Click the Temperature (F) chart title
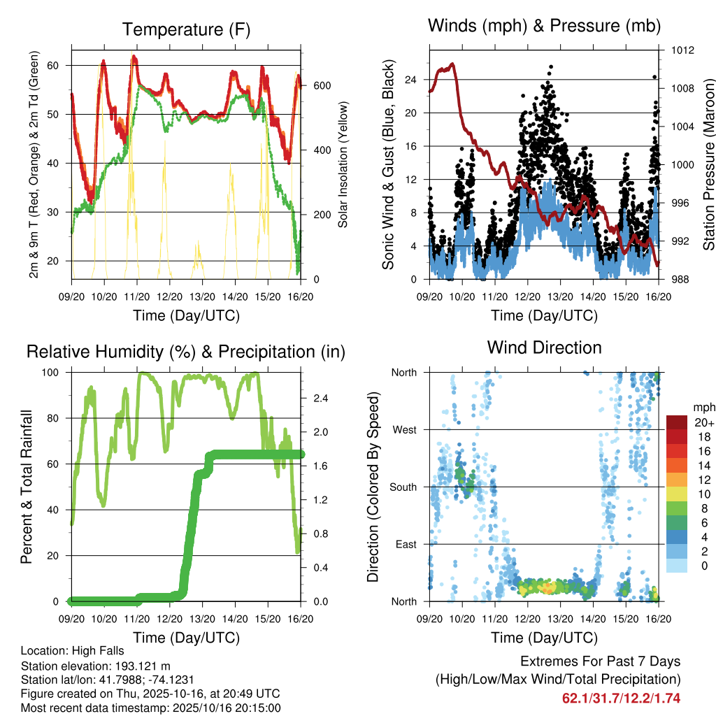(186, 29)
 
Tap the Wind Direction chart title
(544, 347)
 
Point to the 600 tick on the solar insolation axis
(322, 85)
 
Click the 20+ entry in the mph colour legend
(703, 422)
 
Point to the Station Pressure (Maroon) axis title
(708, 164)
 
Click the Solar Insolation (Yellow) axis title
(343, 164)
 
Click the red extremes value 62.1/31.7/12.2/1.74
(621, 698)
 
